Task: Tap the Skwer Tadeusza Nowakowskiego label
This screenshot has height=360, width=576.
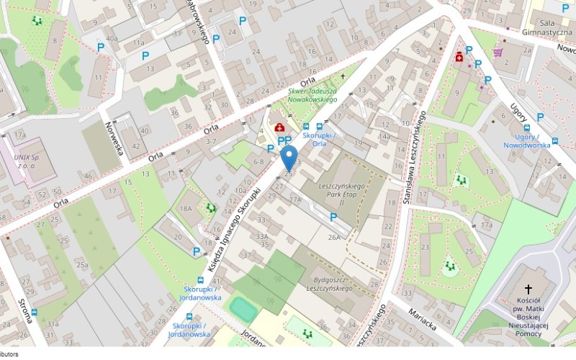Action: point(312,95)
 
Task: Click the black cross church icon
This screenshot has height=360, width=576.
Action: point(528,288)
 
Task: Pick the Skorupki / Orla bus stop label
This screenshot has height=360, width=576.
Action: point(315,139)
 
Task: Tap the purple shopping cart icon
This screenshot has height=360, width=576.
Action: point(498,53)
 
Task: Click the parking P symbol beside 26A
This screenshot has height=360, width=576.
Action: point(333,217)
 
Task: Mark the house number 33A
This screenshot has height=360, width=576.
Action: point(261,236)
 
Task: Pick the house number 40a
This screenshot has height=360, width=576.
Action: point(112,39)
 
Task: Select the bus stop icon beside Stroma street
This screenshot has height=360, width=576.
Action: point(34,312)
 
